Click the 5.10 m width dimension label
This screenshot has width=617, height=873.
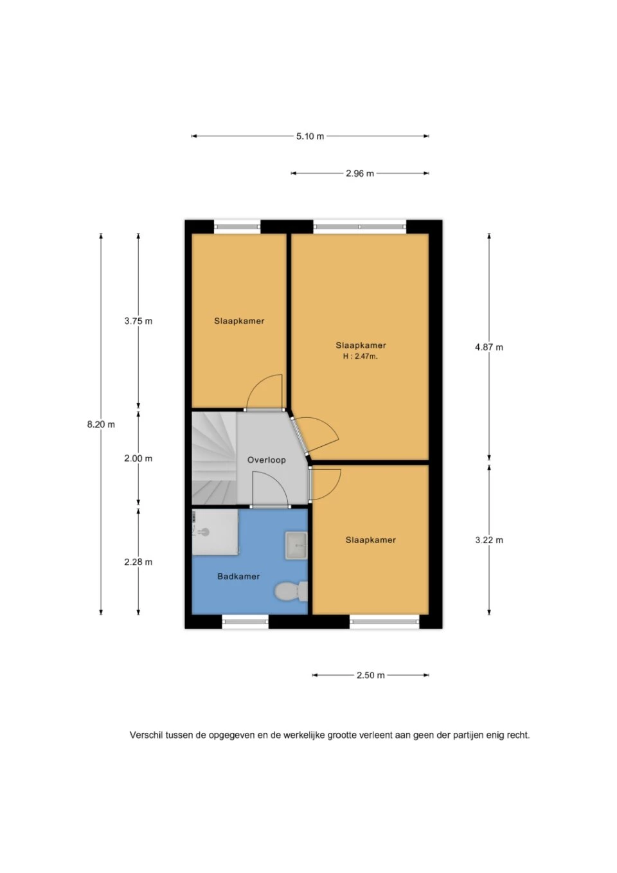[x=310, y=136]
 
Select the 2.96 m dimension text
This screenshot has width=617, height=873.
[x=359, y=174]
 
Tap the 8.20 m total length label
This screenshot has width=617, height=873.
[x=101, y=424]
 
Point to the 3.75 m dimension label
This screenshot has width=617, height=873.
[x=138, y=321]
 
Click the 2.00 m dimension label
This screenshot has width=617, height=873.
[x=138, y=459]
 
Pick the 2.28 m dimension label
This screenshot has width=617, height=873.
[x=138, y=562]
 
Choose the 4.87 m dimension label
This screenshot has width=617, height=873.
[x=489, y=347]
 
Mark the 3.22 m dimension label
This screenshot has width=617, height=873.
[x=489, y=540]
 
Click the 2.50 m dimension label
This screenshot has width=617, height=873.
[x=370, y=676]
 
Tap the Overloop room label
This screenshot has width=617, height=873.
[x=267, y=460]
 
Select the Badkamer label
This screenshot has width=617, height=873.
[x=238, y=577]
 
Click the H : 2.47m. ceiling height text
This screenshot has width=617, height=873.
[x=361, y=356]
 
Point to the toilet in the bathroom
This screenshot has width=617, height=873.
[x=291, y=591]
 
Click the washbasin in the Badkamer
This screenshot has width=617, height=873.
[x=296, y=546]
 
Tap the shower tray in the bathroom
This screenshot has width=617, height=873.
[x=215, y=532]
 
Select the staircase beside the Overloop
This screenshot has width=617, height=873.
[x=214, y=458]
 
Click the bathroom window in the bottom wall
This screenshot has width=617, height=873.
[x=245, y=621]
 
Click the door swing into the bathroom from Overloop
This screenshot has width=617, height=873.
[x=271, y=489]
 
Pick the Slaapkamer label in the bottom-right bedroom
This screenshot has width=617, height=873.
[x=370, y=540]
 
